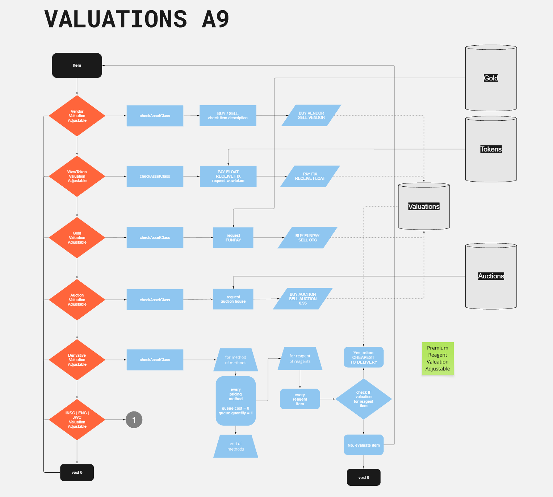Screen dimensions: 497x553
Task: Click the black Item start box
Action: (x=77, y=66)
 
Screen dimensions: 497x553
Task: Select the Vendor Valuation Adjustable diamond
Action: (x=77, y=116)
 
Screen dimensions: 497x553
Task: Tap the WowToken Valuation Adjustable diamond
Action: (x=77, y=176)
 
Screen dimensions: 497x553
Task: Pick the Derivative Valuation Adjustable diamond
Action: (x=77, y=360)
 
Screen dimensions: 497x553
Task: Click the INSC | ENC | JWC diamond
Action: (x=77, y=420)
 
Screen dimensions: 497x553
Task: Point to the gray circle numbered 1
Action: (x=134, y=420)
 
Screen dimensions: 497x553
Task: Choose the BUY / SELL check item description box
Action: (x=228, y=116)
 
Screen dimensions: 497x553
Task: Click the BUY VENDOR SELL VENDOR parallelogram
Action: (x=311, y=115)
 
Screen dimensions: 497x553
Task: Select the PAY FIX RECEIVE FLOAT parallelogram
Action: (x=310, y=176)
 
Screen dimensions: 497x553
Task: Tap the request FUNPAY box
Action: (x=233, y=238)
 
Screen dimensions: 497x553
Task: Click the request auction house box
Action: (x=233, y=299)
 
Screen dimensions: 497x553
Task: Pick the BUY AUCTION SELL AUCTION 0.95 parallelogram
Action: (x=303, y=299)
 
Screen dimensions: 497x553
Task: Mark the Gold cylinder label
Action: (x=491, y=78)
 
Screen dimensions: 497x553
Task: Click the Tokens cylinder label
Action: (x=491, y=149)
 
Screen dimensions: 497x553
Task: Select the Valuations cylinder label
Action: (x=424, y=206)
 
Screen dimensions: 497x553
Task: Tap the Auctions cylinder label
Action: (x=491, y=276)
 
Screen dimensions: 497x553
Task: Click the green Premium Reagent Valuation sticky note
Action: (x=437, y=359)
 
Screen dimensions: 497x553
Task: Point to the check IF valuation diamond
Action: (x=364, y=399)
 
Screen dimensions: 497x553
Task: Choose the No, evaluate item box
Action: (x=364, y=445)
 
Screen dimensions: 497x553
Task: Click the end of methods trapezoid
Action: (x=236, y=446)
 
